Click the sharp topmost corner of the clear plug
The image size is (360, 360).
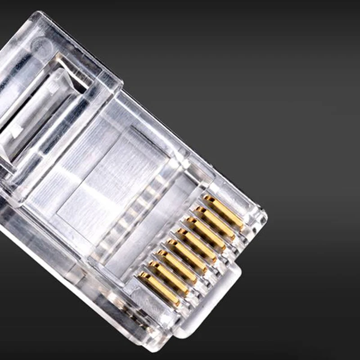[x=38, y=13]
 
